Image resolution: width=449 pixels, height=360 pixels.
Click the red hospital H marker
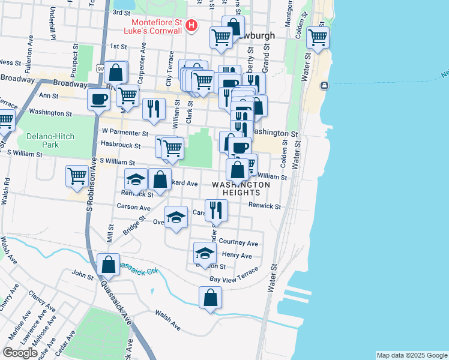pyautogui.click(x=191, y=25)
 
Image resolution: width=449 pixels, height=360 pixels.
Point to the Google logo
pyautogui.click(x=20, y=353)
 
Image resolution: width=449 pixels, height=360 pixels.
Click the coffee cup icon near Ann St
pyautogui.click(x=98, y=100)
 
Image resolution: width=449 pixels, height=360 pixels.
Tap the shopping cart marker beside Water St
pyautogui.click(x=318, y=38)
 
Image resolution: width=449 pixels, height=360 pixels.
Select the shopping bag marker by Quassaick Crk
pyautogui.click(x=109, y=264)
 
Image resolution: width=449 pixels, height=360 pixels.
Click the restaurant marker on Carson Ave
pyautogui.click(x=216, y=210)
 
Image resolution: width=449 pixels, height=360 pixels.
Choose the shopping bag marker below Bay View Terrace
pyautogui.click(x=210, y=298)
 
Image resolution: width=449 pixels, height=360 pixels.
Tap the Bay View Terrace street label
pyautogui.click(x=234, y=277)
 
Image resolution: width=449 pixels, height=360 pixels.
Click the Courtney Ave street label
pyautogui.click(x=238, y=242)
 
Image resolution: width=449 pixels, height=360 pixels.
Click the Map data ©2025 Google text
pyautogui.click(x=412, y=355)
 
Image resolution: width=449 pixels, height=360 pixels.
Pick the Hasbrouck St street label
pyautogui.click(x=121, y=145)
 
